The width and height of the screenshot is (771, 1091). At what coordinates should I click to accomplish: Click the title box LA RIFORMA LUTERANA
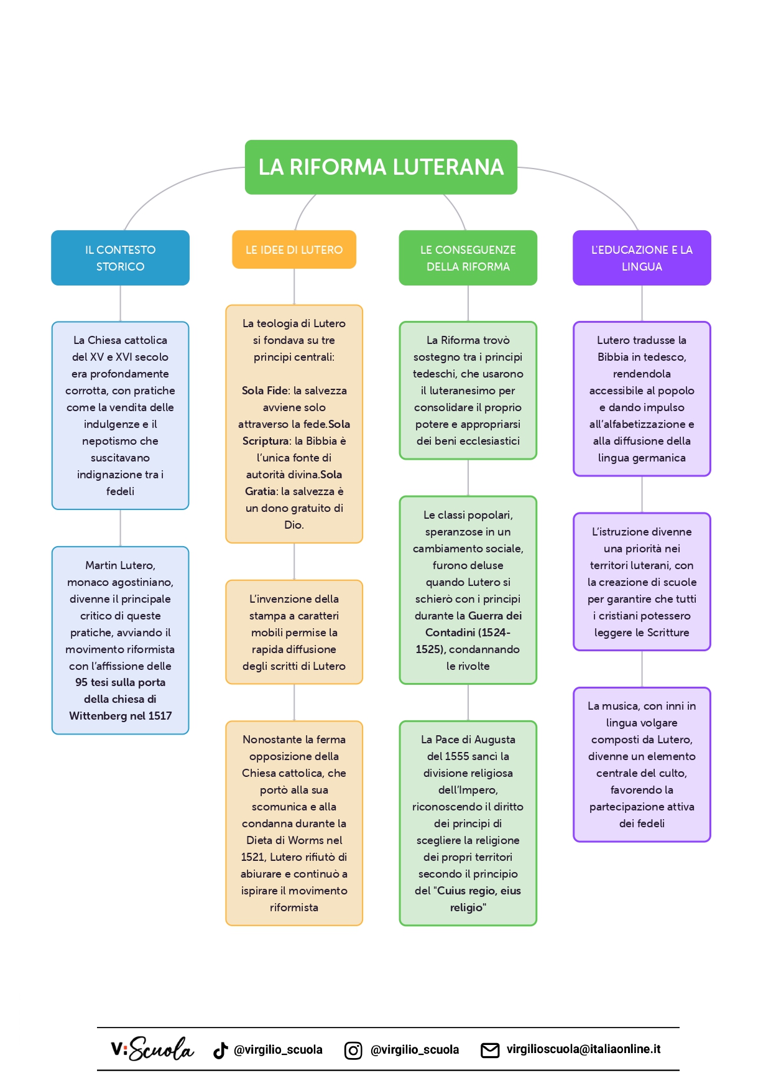click(x=381, y=167)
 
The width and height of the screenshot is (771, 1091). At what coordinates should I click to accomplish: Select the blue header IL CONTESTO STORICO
click(x=120, y=258)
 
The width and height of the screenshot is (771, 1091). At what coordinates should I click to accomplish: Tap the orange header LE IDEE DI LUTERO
click(x=294, y=249)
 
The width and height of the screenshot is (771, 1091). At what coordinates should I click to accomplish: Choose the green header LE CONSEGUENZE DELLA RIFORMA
click(x=468, y=258)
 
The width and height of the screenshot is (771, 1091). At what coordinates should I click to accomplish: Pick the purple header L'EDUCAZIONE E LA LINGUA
click(x=642, y=258)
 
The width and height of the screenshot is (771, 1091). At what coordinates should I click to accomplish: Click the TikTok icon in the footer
click(x=221, y=1050)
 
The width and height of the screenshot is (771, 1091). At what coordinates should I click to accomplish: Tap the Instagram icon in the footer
click(x=353, y=1050)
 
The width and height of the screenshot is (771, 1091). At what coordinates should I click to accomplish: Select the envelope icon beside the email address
click(x=490, y=1050)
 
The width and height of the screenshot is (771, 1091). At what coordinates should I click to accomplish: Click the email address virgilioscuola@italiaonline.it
click(x=583, y=1049)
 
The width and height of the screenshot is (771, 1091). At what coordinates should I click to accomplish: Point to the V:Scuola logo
click(x=152, y=1049)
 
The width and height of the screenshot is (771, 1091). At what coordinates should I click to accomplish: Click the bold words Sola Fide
click(x=265, y=391)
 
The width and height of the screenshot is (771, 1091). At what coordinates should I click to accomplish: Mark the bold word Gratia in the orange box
click(x=261, y=491)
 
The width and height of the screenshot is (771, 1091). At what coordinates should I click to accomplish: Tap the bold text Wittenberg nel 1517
click(x=120, y=716)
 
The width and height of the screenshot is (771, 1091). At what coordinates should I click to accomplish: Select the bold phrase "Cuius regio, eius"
click(x=479, y=891)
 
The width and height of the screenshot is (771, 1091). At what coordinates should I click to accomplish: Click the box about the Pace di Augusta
click(x=468, y=823)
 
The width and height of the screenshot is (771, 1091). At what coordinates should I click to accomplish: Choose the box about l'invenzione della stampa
click(x=294, y=632)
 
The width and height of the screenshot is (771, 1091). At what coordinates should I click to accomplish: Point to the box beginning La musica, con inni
click(x=642, y=764)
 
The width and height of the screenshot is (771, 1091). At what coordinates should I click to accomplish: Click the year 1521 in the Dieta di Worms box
click(x=252, y=857)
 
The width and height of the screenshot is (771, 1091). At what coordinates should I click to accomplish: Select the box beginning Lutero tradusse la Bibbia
click(x=642, y=399)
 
